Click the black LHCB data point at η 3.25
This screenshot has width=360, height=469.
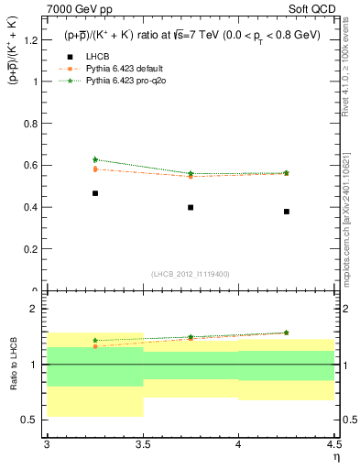pyautogui.click(x=94, y=193)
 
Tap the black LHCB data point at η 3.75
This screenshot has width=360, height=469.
pyautogui.click(x=191, y=207)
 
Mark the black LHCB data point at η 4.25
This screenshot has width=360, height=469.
pyautogui.click(x=287, y=212)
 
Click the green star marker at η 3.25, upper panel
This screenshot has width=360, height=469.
pyautogui.click(x=94, y=159)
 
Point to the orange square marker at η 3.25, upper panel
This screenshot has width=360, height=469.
pyautogui.click(x=94, y=169)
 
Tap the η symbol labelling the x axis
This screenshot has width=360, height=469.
pyautogui.click(x=335, y=457)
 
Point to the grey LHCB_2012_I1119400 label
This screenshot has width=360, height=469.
pyautogui.click(x=191, y=274)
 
